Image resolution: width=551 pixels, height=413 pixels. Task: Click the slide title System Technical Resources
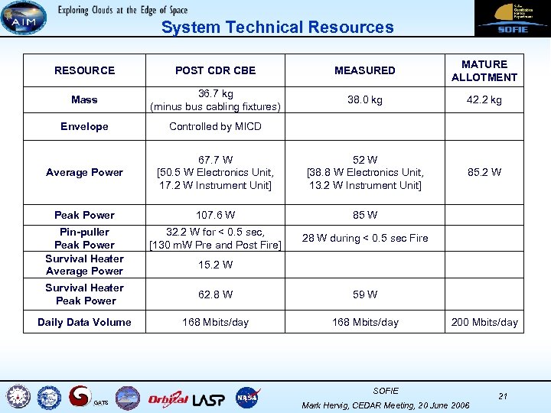277,28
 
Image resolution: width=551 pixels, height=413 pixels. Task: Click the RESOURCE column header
84,70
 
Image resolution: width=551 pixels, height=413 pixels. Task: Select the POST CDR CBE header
215,70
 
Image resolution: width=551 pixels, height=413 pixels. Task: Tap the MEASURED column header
365,70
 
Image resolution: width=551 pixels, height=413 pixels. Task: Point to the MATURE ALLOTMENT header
484,70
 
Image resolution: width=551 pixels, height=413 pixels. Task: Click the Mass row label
84,99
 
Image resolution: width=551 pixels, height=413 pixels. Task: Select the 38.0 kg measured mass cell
365,99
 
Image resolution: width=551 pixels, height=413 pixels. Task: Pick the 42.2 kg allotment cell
484,99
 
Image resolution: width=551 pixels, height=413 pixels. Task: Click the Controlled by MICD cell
215,126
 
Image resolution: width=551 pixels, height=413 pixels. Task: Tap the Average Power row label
84,172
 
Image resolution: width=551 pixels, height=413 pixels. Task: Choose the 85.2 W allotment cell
484,172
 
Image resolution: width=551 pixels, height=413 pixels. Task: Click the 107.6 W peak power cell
215,215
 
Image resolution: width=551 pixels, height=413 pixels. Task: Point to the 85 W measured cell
365,215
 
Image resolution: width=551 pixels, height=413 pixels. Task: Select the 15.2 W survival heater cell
215,265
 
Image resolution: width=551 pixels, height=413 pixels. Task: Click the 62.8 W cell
215,294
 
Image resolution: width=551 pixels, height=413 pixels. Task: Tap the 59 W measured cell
365,294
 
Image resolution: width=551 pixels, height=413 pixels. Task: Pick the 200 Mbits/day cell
484,322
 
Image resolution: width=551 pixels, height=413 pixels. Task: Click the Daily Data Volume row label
84,322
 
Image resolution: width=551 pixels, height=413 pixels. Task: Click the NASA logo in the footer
247,397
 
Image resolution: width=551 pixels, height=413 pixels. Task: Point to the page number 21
503,395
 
